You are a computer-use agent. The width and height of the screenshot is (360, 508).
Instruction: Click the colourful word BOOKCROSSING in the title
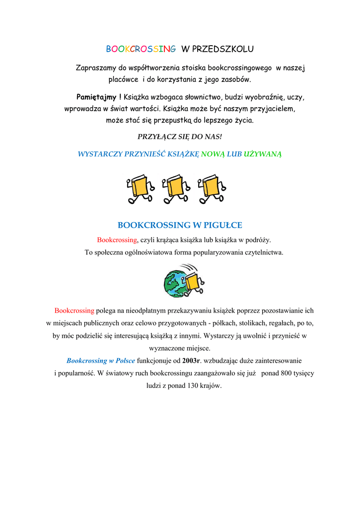[x=141, y=49]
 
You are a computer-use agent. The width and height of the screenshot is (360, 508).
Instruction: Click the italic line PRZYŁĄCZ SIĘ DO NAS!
[x=180, y=136]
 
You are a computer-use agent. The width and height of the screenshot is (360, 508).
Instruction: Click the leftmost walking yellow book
[x=141, y=189]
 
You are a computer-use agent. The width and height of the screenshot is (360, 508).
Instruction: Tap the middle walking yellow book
[x=176, y=189]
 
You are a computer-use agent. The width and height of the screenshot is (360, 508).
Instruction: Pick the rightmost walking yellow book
[x=212, y=189]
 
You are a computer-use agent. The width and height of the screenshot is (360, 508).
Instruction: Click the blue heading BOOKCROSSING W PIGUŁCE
[x=180, y=225]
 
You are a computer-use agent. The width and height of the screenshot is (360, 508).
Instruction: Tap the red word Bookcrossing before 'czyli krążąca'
[x=117, y=240]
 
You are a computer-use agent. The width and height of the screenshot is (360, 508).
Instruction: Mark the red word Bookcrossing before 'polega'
[x=74, y=311]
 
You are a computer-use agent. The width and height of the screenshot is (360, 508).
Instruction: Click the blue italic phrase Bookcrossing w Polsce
[x=100, y=361]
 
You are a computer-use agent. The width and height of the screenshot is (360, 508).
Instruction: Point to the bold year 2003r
[x=191, y=361]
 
